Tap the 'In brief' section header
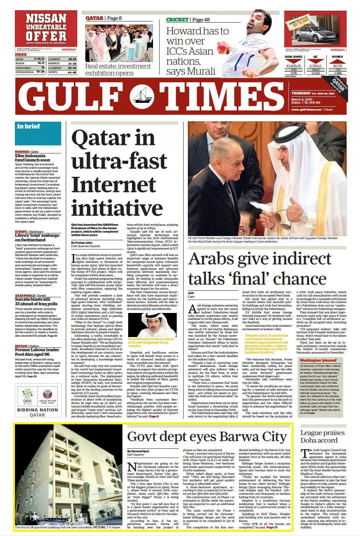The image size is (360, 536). (x=28, y=126)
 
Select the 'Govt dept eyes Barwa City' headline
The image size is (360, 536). (x=207, y=437)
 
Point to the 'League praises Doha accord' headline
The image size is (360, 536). (x=322, y=437)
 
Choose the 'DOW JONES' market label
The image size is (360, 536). (x=293, y=57)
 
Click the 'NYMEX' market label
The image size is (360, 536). (x=337, y=57)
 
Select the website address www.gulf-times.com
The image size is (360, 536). (x=306, y=110)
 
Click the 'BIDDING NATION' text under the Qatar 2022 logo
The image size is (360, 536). (x=37, y=410)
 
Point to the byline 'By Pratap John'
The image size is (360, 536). (x=81, y=243)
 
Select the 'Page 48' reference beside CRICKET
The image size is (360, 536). (x=201, y=20)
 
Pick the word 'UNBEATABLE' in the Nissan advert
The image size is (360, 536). (x=46, y=27)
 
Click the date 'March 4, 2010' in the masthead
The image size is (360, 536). (x=302, y=99)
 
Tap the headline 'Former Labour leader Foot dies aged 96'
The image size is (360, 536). (x=37, y=352)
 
